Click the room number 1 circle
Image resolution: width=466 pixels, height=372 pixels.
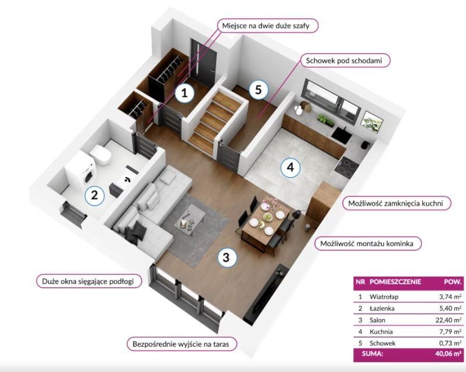185,93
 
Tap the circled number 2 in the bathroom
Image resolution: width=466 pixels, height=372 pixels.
95,195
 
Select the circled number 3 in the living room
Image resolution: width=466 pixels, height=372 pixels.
227,257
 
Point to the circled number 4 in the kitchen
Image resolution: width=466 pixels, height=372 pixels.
291,167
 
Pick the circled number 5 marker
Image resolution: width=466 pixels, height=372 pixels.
258,89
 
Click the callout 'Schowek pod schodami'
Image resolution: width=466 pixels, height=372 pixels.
344,60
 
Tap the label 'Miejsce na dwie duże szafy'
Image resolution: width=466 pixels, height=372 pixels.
266,26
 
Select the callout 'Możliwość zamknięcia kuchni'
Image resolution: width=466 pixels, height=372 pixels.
396,203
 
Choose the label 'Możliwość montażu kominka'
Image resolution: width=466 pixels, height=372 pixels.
367,244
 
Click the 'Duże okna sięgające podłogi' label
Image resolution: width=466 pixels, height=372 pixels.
88,281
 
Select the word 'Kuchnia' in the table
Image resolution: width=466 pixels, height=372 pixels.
381,331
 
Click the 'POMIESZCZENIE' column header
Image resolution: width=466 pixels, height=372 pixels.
395,281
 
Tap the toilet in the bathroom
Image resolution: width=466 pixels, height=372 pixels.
101,155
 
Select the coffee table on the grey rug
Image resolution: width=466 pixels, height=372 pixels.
189,217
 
